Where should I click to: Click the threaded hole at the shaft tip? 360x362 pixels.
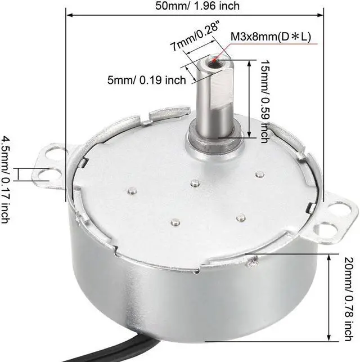[x=213, y=60]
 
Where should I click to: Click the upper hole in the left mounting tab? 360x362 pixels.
[x=54, y=151]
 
